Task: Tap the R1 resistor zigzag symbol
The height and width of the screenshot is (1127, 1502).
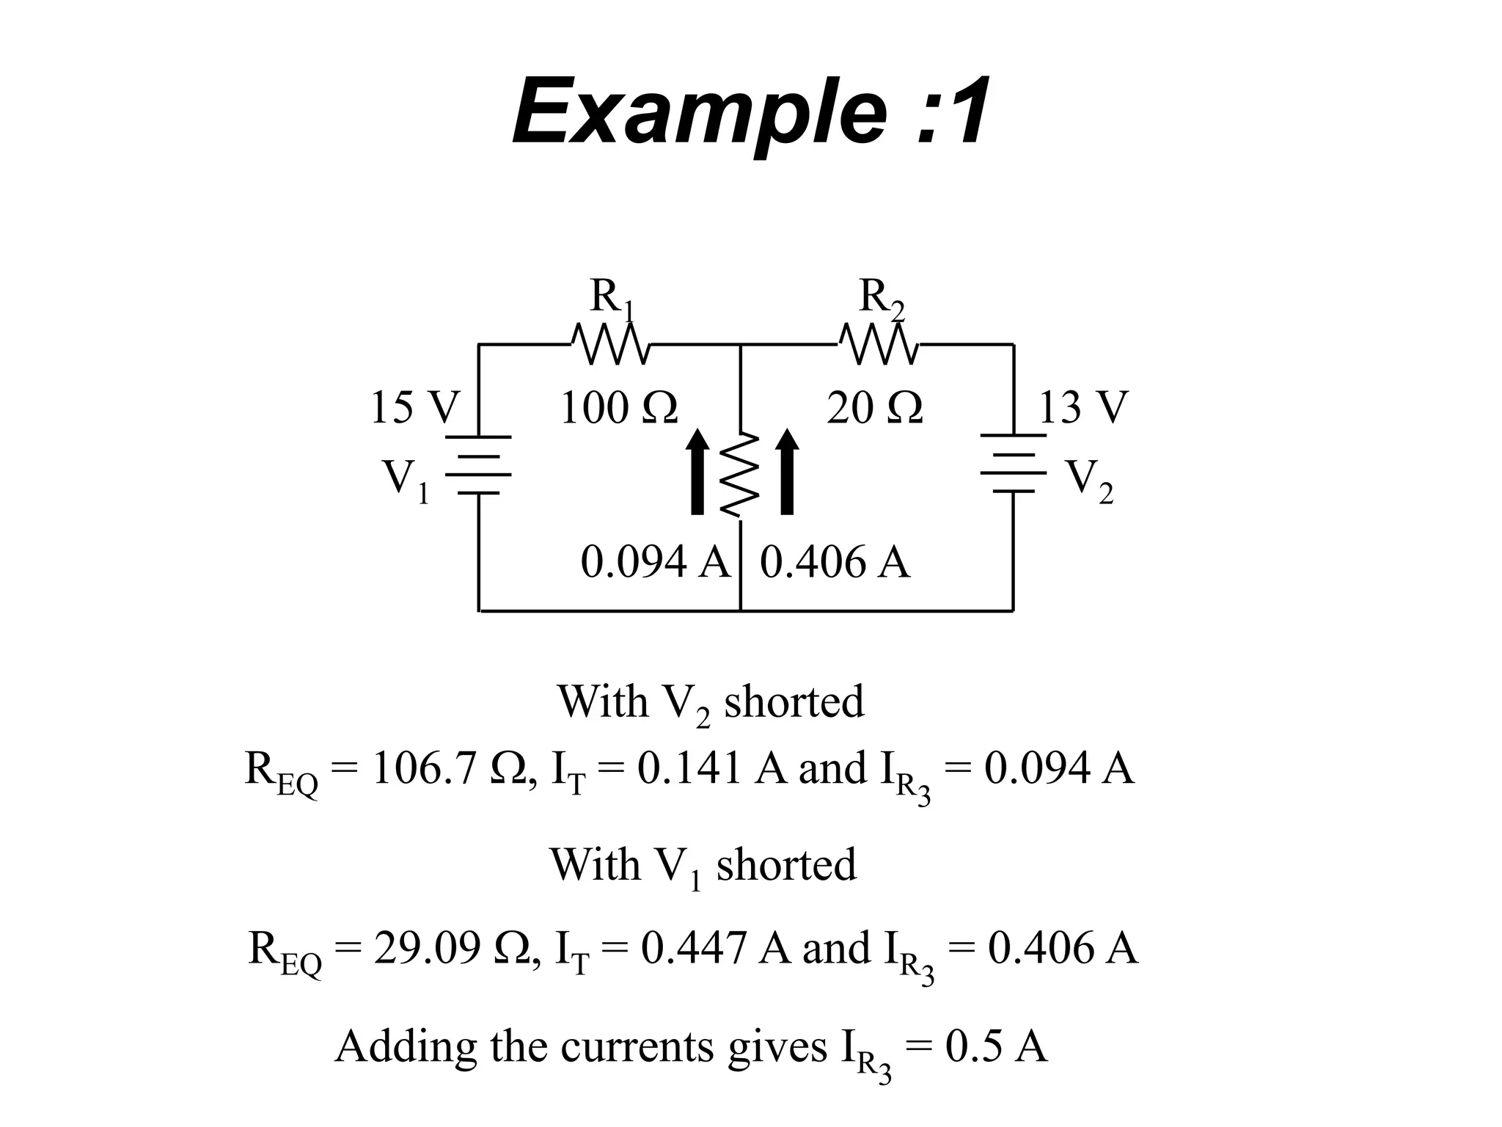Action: point(609,344)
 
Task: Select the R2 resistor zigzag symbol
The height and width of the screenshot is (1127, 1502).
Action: point(879,344)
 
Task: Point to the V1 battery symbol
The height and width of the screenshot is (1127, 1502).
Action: point(478,464)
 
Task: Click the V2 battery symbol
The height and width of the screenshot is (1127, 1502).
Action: point(1014,464)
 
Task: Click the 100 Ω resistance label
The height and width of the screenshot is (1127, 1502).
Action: point(618,408)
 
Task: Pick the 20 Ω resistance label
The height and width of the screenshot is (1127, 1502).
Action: point(874,408)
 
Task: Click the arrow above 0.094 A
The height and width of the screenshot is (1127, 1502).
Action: point(697,472)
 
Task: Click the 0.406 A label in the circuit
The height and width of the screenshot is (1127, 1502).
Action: point(835,563)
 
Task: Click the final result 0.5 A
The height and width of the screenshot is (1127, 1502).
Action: point(996,1046)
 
